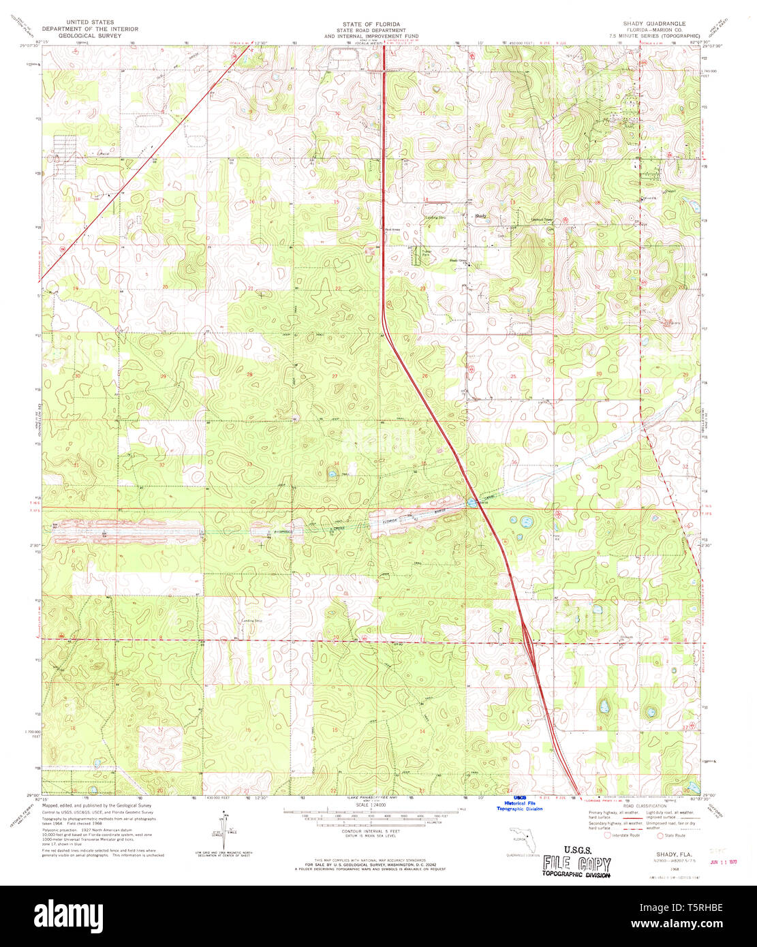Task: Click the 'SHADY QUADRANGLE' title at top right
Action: point(649,23)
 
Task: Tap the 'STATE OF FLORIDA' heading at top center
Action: point(371,23)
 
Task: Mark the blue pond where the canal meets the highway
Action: point(472,503)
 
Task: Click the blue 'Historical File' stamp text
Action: point(519,803)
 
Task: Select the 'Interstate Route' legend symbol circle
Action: point(607,835)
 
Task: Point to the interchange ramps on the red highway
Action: point(529,645)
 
